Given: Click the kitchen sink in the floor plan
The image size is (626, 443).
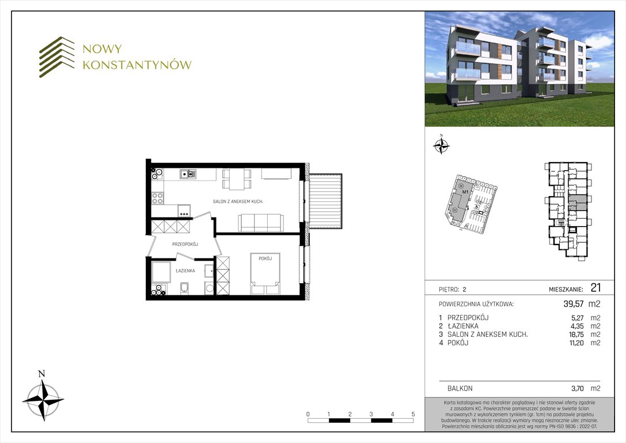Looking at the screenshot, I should tap(188, 173).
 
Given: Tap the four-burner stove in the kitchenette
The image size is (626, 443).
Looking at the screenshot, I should tap(157, 198).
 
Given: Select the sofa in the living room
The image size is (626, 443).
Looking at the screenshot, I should tap(261, 222).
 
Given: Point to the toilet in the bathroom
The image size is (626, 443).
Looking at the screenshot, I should tap(184, 288).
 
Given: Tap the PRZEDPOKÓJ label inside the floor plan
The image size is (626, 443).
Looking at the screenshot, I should tap(185, 245).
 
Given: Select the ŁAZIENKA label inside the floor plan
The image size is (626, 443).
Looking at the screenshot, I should tap(185, 270).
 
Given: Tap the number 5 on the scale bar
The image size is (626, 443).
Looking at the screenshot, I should tap(413, 414).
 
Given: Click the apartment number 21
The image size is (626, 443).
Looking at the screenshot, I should tap(595, 288).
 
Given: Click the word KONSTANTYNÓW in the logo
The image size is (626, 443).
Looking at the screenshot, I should tap(137, 65).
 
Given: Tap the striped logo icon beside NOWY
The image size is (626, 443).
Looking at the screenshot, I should tap(57, 57).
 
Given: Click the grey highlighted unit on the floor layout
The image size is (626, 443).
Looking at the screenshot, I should tap(578, 203).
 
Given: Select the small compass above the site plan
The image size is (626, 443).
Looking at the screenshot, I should tap(441, 145).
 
